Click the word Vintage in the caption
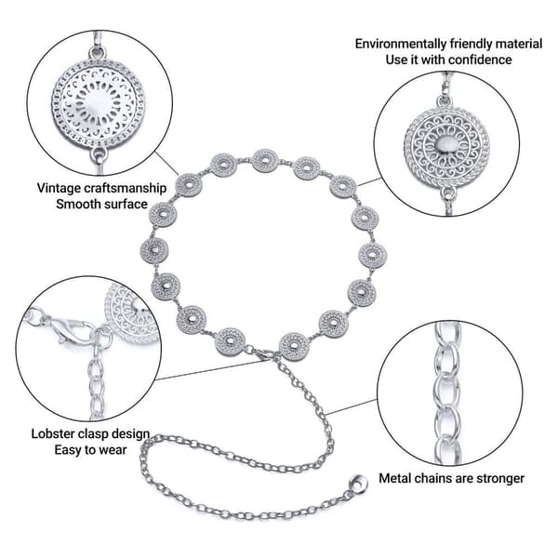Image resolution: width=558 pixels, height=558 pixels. coord(58,188)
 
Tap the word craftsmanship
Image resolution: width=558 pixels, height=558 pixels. coord(124,188)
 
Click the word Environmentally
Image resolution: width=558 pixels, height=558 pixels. coord(400,44)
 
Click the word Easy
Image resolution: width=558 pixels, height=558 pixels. coord(68,450)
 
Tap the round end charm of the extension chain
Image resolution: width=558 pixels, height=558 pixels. coord(359,484)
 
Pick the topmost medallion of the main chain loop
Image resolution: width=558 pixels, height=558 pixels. coord(265,161)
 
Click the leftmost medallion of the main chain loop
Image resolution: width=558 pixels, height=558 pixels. coord(154,250)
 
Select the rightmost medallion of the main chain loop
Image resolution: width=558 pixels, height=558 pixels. coord(372,255)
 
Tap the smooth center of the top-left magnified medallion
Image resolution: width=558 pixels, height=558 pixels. coord(97,103)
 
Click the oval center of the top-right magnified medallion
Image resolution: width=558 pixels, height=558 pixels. coord(445,144)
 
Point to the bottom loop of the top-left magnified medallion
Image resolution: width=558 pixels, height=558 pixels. coord(99,154)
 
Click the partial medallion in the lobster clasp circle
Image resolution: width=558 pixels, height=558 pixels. coord(132,313)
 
